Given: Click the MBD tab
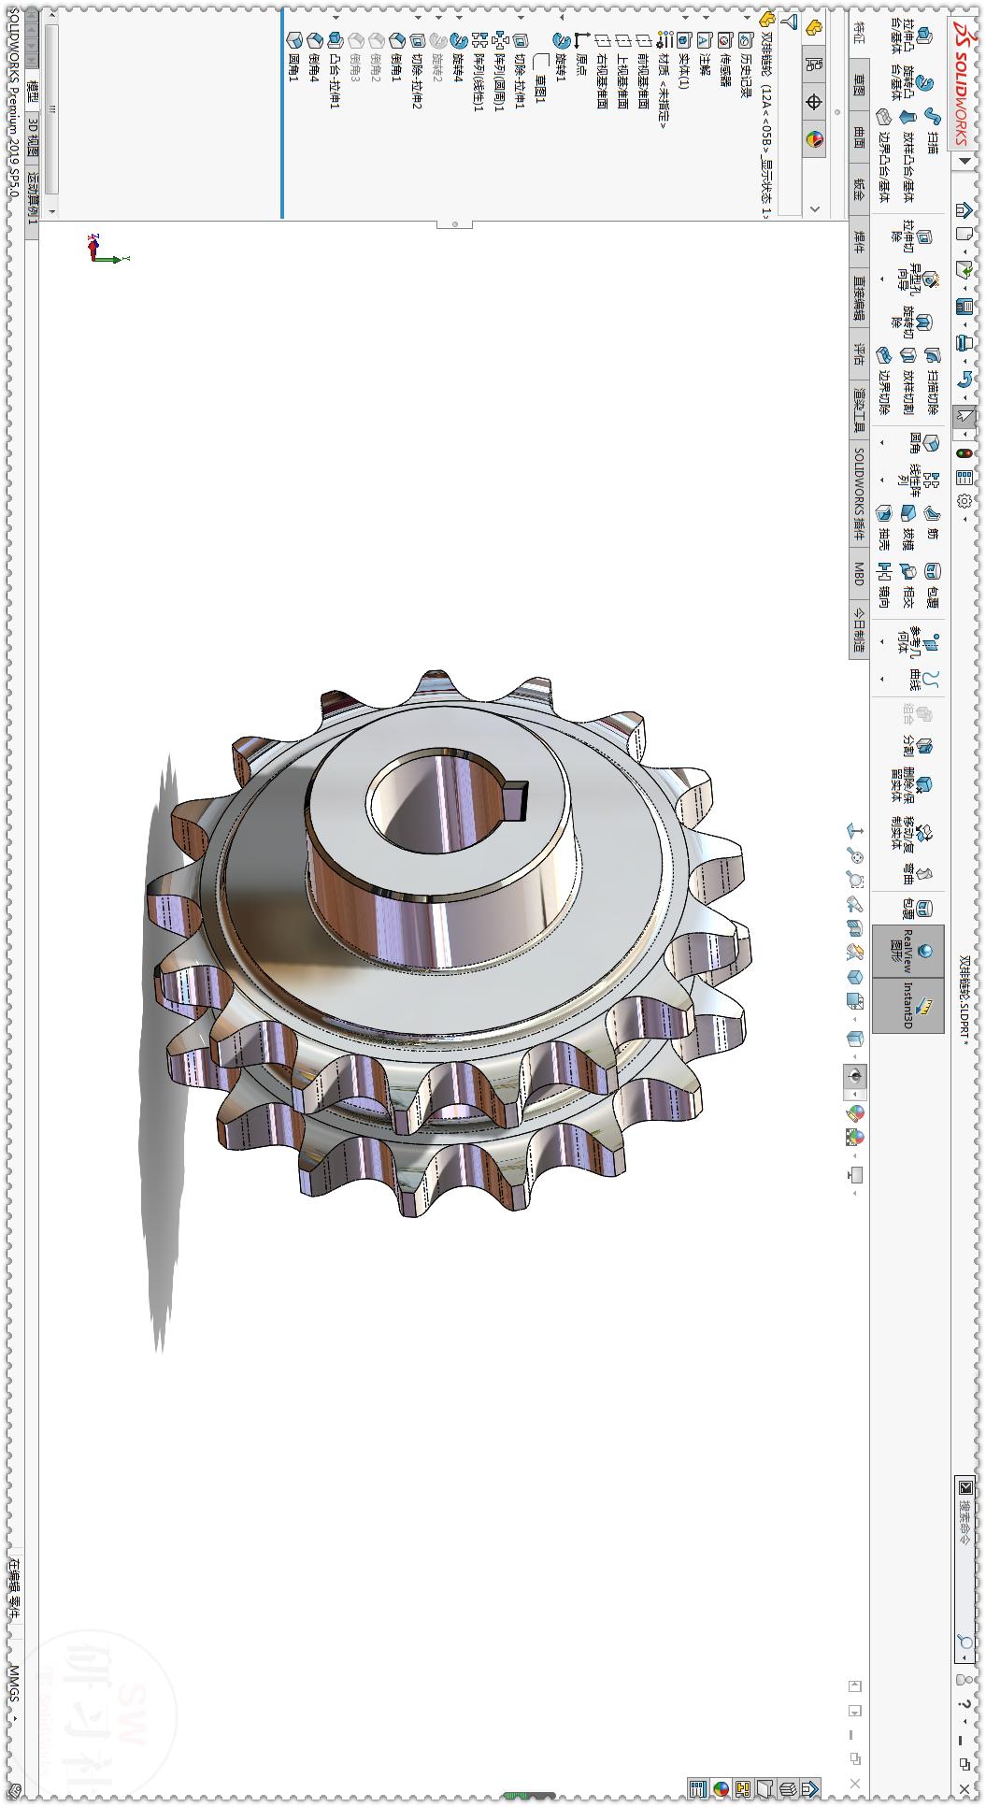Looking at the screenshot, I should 859,573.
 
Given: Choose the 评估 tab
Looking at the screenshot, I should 859,353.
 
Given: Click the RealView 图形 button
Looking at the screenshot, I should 907,952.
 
